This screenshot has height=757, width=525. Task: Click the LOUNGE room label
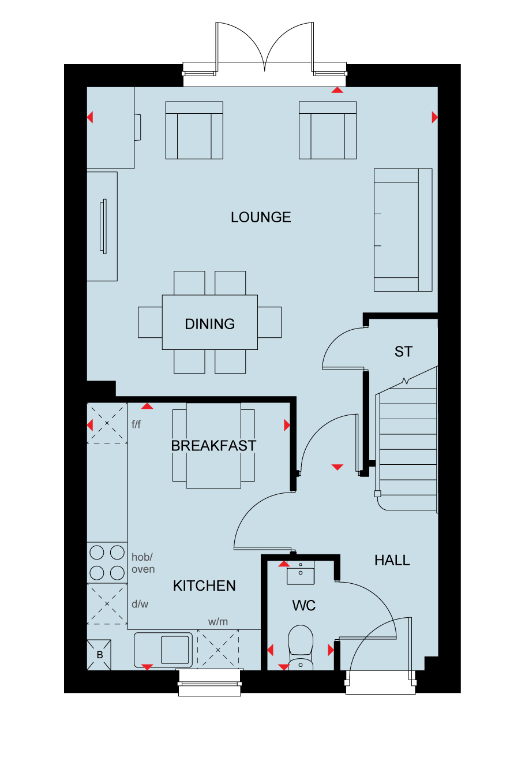pos(261,217)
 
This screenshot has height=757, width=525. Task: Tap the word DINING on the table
pos(209,324)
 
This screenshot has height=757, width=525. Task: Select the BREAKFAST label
pos(213,446)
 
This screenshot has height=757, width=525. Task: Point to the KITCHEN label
pos(204,586)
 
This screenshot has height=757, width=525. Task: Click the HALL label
pos(392,560)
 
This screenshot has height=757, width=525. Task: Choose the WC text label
pos(304,606)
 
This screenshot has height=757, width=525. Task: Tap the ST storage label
pos(403,352)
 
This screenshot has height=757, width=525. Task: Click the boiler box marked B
pos(99,655)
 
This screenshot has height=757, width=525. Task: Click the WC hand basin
pos(301,573)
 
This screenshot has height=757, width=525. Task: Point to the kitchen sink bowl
pos(175,650)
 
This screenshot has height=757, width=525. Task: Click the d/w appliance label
pos(140,604)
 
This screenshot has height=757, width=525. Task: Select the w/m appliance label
pos(217,621)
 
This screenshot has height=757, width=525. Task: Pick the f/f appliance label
pos(136,424)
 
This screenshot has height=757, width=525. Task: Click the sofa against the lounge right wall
pos(403,230)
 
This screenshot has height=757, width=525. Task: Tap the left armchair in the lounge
pos(194,130)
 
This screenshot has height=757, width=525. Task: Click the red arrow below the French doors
pos(337,90)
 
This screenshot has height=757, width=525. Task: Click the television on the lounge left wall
pos(103,226)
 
